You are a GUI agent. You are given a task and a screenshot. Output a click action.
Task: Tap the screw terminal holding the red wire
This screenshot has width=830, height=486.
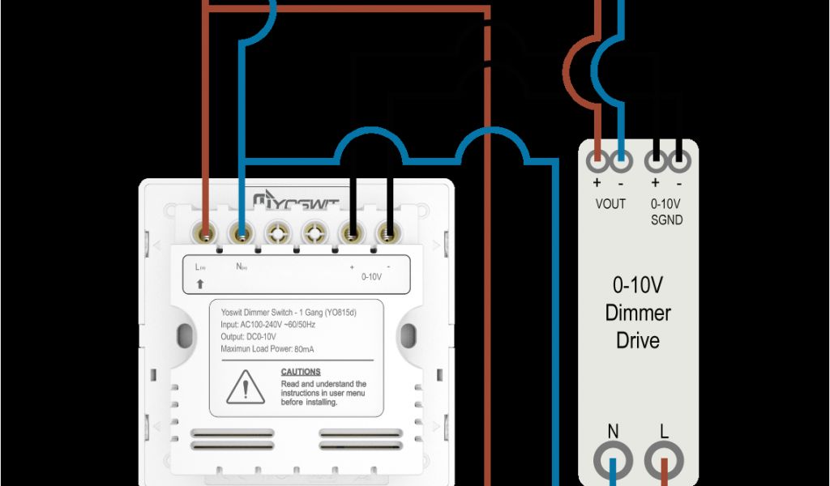(x=207, y=235)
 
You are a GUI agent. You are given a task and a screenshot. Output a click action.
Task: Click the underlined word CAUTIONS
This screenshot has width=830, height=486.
(x=301, y=372)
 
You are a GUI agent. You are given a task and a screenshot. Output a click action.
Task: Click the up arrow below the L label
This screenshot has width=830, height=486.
(x=200, y=284)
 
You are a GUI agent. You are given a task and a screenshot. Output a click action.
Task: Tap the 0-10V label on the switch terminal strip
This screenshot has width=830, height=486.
(x=371, y=276)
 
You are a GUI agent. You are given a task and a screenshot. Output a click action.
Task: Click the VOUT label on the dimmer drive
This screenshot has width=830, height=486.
(x=610, y=204)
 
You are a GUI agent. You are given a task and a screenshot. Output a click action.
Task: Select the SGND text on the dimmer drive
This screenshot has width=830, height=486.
(x=666, y=220)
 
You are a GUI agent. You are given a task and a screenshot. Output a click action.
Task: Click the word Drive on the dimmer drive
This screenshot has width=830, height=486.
(x=638, y=340)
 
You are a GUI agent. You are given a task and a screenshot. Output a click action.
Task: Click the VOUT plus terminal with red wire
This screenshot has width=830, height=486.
(x=598, y=160)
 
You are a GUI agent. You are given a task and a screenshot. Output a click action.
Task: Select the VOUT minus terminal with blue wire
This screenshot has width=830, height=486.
(x=622, y=160)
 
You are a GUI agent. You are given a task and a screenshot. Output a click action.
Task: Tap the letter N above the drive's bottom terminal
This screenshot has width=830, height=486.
(x=614, y=431)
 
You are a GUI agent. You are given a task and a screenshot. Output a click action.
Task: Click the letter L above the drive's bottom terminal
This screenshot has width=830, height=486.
(x=664, y=431)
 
